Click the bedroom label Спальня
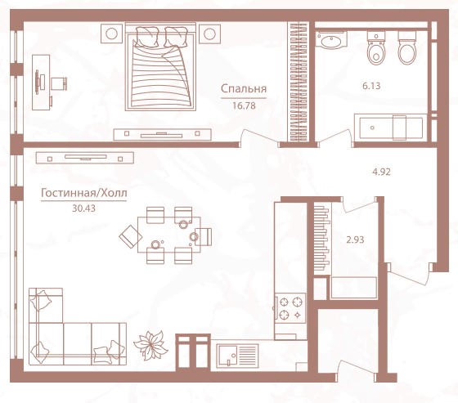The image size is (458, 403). pyautogui.click(x=244, y=89)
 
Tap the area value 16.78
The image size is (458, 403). pyautogui.click(x=244, y=105)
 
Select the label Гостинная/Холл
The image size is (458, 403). pyautogui.click(x=83, y=193)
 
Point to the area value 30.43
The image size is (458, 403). pyautogui.click(x=83, y=208)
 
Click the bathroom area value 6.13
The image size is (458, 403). pyautogui.click(x=371, y=86)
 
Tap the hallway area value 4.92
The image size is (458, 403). pyautogui.click(x=381, y=172)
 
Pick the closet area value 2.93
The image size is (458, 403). pyautogui.click(x=355, y=240)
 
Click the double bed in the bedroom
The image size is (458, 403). pyautogui.click(x=160, y=67)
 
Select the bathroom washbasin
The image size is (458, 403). pyautogui.click(x=331, y=40)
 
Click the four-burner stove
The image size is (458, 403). pyautogui.click(x=290, y=307)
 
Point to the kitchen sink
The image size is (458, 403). pyautogui.click(x=237, y=356)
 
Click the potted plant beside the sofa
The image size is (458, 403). pyautogui.click(x=151, y=345)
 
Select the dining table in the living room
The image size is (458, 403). pyautogui.click(x=169, y=235)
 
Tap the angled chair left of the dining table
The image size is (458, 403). pyautogui.click(x=131, y=236)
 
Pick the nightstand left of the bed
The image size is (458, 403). pyautogui.click(x=111, y=34)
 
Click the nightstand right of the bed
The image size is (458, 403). pyautogui.click(x=209, y=34)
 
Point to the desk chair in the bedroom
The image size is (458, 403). pyautogui.click(x=59, y=83)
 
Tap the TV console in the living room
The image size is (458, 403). pyautogui.click(x=85, y=158)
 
